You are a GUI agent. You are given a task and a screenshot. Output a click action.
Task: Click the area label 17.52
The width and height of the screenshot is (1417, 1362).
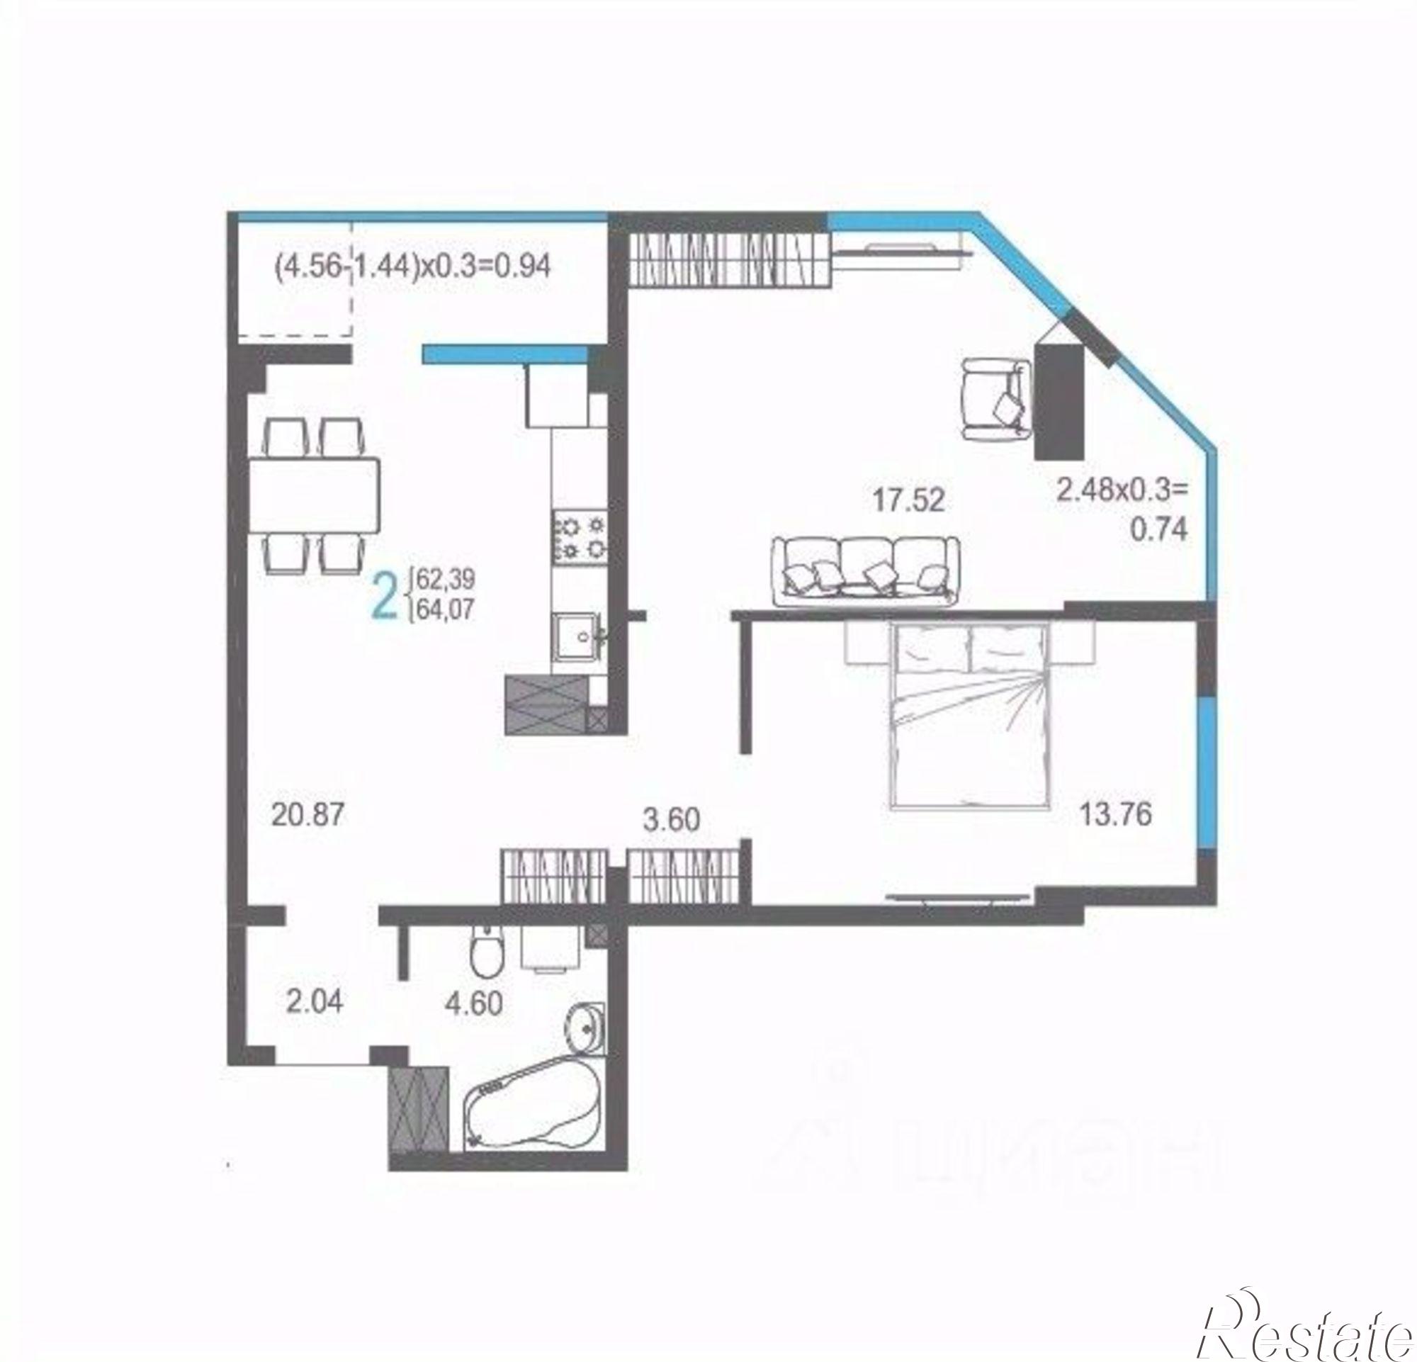click(908, 500)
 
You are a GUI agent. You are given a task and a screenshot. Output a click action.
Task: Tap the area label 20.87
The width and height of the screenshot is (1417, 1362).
click(308, 815)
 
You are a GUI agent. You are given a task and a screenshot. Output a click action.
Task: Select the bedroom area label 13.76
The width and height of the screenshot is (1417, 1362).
click(1115, 815)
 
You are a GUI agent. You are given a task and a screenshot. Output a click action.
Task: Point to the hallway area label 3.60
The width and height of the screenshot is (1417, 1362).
click(672, 820)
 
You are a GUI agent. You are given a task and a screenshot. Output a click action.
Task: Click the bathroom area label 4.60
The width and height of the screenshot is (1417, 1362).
click(473, 1004)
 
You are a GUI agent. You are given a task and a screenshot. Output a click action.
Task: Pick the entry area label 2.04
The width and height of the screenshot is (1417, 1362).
click(314, 1002)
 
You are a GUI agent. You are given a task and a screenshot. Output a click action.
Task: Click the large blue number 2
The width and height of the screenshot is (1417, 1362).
click(384, 595)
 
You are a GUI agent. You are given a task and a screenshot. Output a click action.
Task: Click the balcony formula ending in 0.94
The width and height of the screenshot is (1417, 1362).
click(413, 266)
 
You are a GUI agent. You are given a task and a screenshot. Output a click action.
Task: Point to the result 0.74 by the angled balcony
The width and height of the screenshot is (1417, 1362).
click(1158, 531)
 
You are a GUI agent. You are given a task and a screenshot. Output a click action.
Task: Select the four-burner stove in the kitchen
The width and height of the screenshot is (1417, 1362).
click(578, 538)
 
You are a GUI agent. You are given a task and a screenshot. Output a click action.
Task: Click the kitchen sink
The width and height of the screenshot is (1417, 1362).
click(577, 636)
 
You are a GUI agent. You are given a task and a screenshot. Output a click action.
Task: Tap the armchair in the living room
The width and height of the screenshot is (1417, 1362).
click(995, 400)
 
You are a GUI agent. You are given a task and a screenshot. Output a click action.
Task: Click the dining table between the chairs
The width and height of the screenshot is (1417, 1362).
click(315, 495)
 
